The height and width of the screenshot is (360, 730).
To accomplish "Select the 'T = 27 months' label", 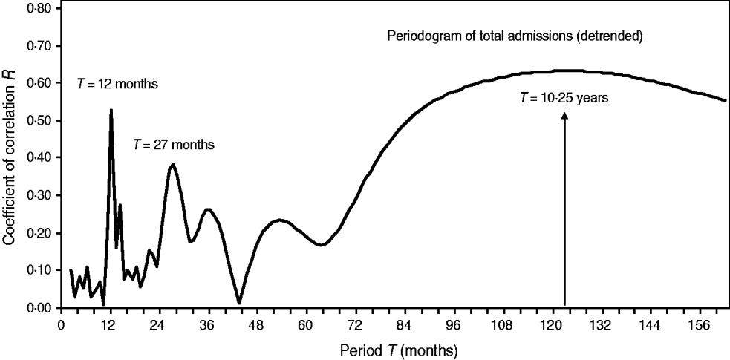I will click(x=173, y=145).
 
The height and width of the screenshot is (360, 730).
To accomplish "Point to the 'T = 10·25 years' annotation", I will click(x=564, y=99).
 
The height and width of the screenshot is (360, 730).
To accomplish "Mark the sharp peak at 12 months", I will click(x=111, y=110).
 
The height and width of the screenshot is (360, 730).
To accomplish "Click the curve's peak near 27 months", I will click(x=173, y=165).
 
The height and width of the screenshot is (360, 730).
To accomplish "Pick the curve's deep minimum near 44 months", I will click(x=239, y=303).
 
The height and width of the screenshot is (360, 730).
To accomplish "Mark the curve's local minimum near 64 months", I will click(x=321, y=245).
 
